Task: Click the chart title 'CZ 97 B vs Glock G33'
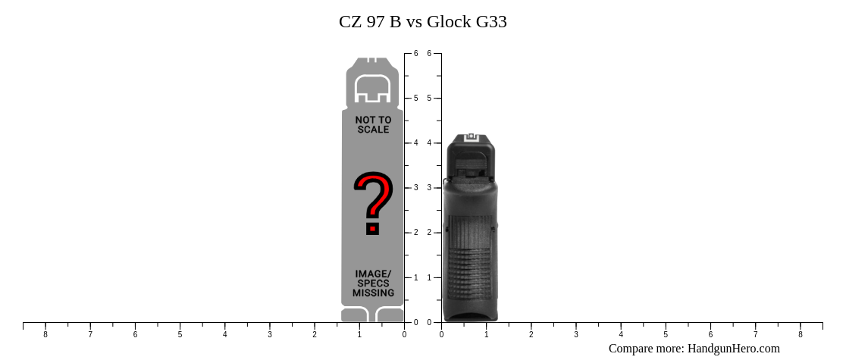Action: (422, 22)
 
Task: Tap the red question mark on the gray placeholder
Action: (373, 203)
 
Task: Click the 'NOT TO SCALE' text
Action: (373, 125)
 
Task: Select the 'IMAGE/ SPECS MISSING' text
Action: (373, 283)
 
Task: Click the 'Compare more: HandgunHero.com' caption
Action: (694, 349)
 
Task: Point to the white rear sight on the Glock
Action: (470, 137)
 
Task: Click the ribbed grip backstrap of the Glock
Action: (469, 258)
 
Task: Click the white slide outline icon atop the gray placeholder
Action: (372, 89)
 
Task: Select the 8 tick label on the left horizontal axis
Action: (45, 335)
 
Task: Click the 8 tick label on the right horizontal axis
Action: (800, 335)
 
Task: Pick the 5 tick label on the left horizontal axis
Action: (180, 335)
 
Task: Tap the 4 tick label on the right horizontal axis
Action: (621, 335)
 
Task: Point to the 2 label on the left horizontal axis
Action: (315, 335)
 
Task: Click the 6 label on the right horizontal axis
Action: (710, 335)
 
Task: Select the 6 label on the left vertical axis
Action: (415, 54)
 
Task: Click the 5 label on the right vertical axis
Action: (429, 99)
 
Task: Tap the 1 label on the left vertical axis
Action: (415, 278)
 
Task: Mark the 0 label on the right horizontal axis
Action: (442, 335)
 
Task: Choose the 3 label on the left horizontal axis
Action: (270, 335)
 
